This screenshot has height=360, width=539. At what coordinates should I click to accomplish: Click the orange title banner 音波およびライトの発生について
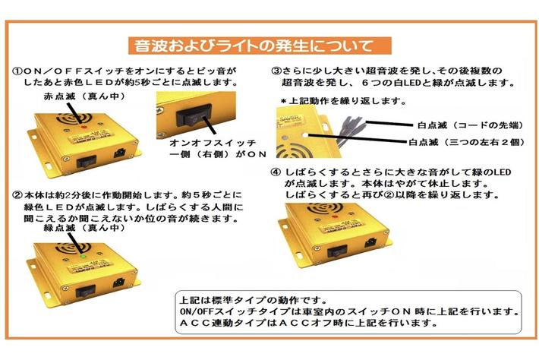pyautogui.click(x=260, y=46)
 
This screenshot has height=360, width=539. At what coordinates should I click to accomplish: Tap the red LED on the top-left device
pyautogui.click(x=83, y=127)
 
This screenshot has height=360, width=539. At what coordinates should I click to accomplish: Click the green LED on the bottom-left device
pyautogui.click(x=82, y=256)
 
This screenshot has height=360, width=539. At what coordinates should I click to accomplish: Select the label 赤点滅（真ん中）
pyautogui.click(x=84, y=96)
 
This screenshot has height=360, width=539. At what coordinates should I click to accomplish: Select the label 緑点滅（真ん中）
pyautogui.click(x=84, y=228)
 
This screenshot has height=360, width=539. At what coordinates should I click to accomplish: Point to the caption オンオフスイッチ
pyautogui.click(x=213, y=143)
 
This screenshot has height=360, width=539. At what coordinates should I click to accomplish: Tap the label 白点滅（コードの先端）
pyautogui.click(x=471, y=125)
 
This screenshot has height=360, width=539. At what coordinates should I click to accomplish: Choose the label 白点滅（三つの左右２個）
pyautogui.click(x=467, y=142)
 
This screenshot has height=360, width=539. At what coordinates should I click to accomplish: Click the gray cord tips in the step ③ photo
pyautogui.click(x=350, y=128)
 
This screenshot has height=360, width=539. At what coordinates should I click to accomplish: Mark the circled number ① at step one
pyautogui.click(x=17, y=71)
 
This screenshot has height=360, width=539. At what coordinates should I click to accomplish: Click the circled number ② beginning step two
pyautogui.click(x=17, y=195)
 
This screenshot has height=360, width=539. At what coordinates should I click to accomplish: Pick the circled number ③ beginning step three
pyautogui.click(x=276, y=71)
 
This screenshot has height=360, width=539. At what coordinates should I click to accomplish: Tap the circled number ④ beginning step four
pyautogui.click(x=276, y=172)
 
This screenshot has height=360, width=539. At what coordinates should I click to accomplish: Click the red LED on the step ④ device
pyautogui.click(x=334, y=217)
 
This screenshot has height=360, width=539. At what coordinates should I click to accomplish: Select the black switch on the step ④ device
pyautogui.click(x=337, y=253)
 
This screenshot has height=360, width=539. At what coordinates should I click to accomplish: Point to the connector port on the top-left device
pyautogui.click(x=120, y=153)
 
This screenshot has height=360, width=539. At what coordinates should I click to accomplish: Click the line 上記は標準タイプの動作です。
pyautogui.click(x=254, y=300)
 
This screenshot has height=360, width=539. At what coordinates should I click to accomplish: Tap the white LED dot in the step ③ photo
pyautogui.click(x=305, y=135)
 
